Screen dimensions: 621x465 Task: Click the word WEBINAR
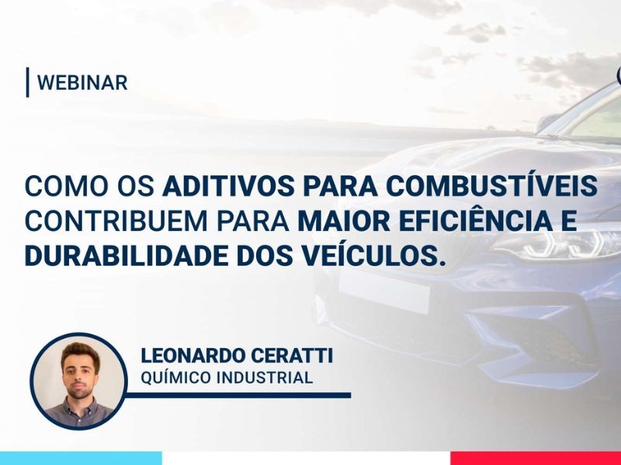[x=82, y=83]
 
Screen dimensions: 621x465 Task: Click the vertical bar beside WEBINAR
[x=28, y=82]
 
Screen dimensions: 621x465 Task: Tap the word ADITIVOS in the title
[x=228, y=185]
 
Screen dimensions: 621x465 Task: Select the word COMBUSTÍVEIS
[x=491, y=184]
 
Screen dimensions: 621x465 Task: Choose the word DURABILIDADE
[x=127, y=256]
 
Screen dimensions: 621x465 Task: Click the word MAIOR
[x=343, y=221]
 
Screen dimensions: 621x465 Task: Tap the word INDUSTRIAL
[x=265, y=377]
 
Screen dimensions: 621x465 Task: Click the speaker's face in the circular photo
[x=80, y=371]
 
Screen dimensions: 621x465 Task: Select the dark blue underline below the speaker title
[x=238, y=395]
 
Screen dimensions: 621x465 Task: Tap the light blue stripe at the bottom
[x=81, y=458]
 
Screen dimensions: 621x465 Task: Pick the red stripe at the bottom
[x=536, y=458]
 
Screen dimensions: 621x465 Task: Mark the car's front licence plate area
[x=383, y=291]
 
